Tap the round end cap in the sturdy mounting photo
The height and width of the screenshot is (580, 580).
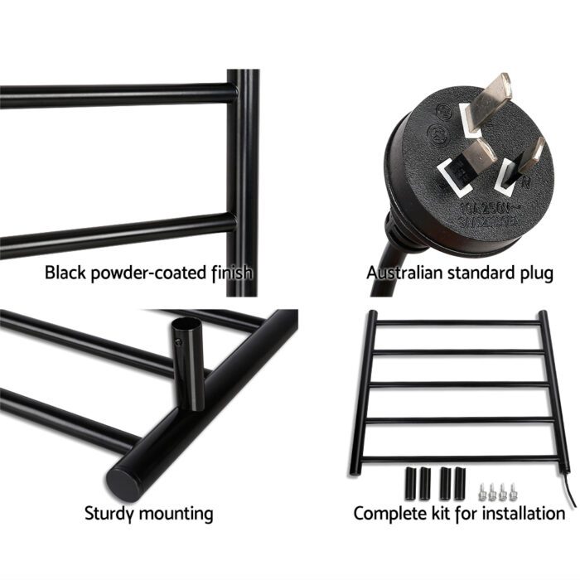[131, 481]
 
